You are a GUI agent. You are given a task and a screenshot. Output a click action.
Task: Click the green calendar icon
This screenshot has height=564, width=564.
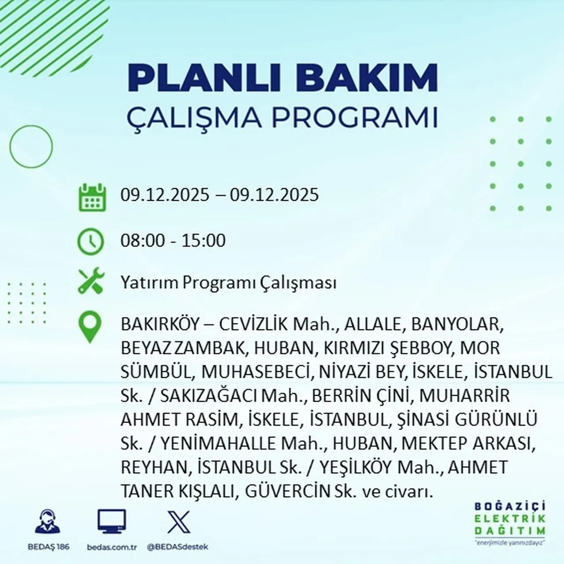[x=92, y=197]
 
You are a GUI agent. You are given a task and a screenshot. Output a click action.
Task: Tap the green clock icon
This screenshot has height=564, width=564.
[x=90, y=241]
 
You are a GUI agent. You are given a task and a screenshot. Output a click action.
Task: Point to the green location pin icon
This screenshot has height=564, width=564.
[x=90, y=327]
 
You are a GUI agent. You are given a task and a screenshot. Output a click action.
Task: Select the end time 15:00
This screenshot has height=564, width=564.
[x=204, y=241]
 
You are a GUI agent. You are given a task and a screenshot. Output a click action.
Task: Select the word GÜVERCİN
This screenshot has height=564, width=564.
[x=288, y=491]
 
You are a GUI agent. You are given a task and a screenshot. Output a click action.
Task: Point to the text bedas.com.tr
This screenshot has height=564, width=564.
[x=112, y=547]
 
